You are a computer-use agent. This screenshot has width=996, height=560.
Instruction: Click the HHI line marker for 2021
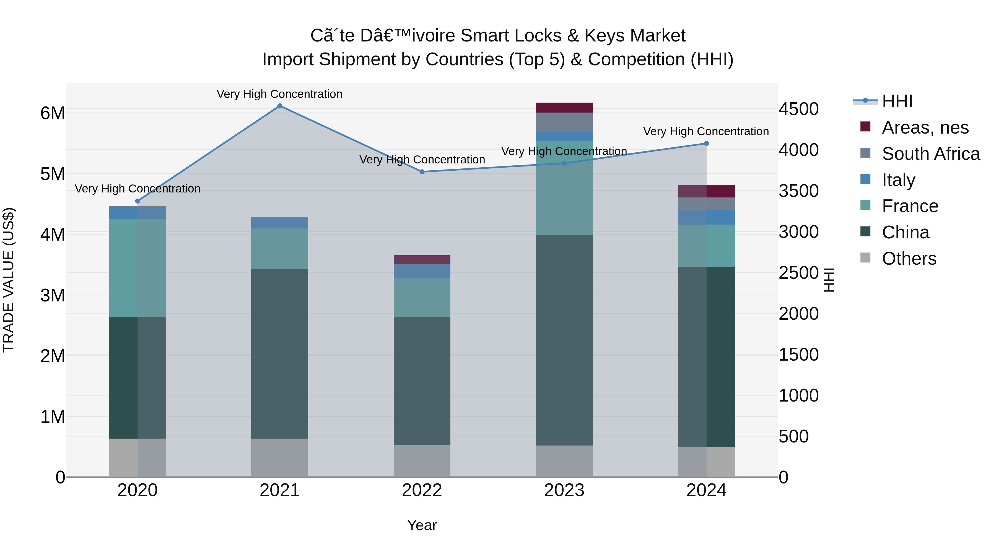pos(279,106)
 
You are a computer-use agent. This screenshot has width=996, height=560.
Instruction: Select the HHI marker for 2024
pos(706,143)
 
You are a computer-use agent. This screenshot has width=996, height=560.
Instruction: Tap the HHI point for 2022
pos(422,171)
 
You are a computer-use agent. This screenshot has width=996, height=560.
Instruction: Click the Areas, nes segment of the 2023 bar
pos(564,108)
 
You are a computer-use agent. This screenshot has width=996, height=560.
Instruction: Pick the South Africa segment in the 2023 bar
pos(564,122)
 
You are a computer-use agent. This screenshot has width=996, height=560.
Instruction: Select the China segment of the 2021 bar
pos(279,354)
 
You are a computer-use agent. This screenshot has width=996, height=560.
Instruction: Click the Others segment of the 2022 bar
pos(422,461)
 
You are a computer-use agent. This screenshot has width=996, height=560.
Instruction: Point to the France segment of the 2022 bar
pos(422,297)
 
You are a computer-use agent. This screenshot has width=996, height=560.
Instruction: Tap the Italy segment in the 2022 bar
pos(422,271)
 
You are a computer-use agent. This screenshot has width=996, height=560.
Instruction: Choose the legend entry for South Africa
pos(930,153)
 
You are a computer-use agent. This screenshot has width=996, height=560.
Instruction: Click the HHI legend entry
pos(897,101)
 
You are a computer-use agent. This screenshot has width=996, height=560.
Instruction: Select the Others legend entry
pos(909,258)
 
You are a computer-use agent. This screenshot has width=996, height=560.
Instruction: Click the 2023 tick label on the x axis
pos(564,490)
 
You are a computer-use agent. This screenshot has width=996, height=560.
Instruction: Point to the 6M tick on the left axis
pos(53,113)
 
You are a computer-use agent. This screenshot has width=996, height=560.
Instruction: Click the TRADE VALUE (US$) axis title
pos(9,280)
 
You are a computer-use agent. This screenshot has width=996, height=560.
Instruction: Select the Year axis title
pos(422,525)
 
